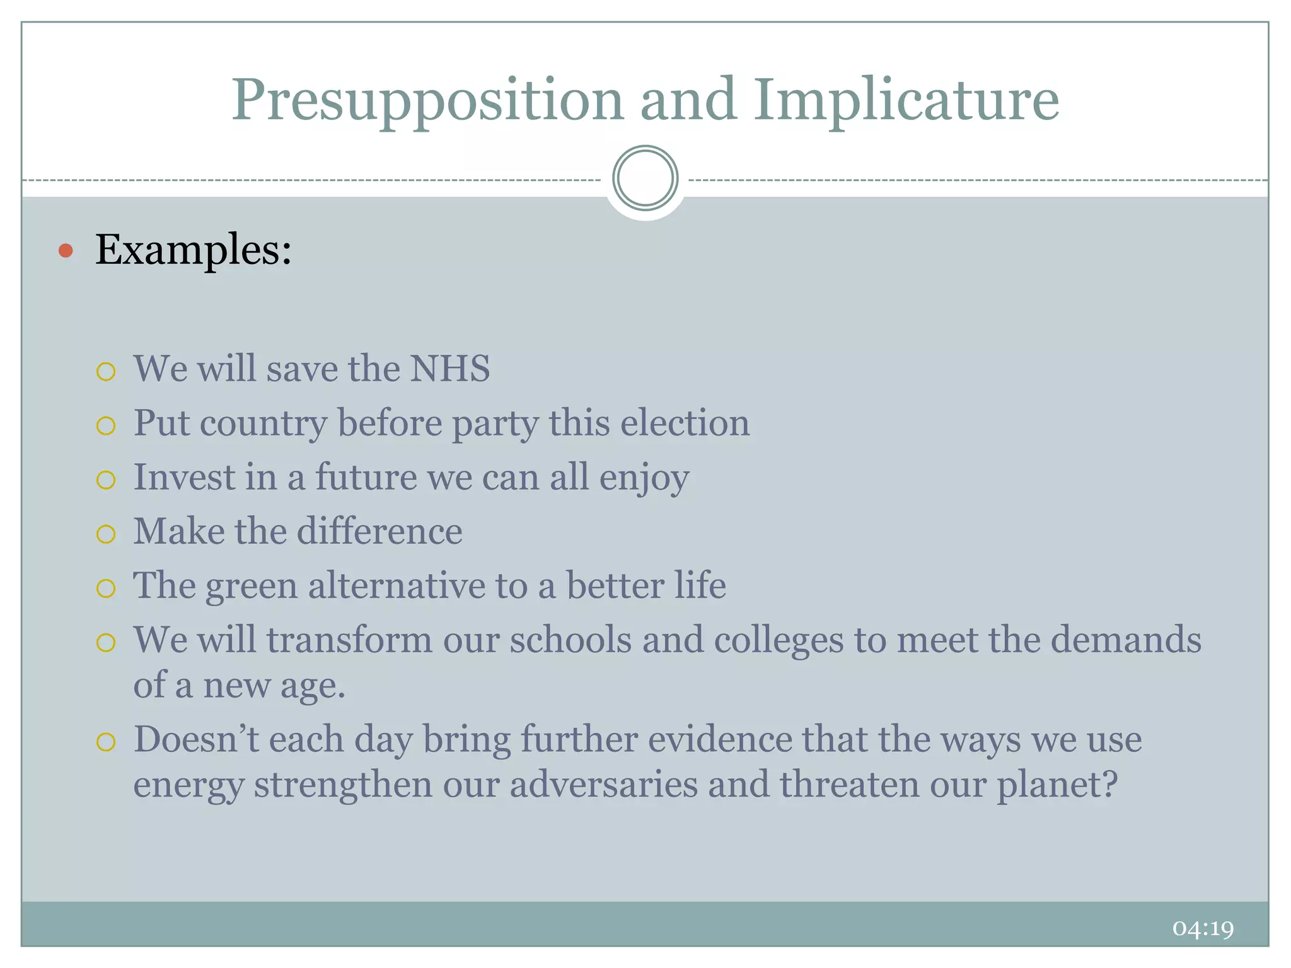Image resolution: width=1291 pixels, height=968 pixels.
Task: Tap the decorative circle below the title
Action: (645, 178)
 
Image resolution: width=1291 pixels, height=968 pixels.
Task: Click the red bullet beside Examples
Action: (66, 251)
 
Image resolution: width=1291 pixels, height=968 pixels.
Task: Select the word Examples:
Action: (194, 250)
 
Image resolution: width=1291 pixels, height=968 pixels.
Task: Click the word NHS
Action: (449, 369)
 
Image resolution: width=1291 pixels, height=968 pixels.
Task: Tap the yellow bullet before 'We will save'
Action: (106, 371)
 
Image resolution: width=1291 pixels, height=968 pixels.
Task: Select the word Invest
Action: (183, 477)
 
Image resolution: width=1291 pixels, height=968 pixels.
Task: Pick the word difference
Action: (379, 531)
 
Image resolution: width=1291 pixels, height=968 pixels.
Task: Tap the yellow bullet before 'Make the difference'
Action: (106, 534)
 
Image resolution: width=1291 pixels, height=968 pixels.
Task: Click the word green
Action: (251, 587)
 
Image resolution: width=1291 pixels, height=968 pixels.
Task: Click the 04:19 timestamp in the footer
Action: (1203, 928)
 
